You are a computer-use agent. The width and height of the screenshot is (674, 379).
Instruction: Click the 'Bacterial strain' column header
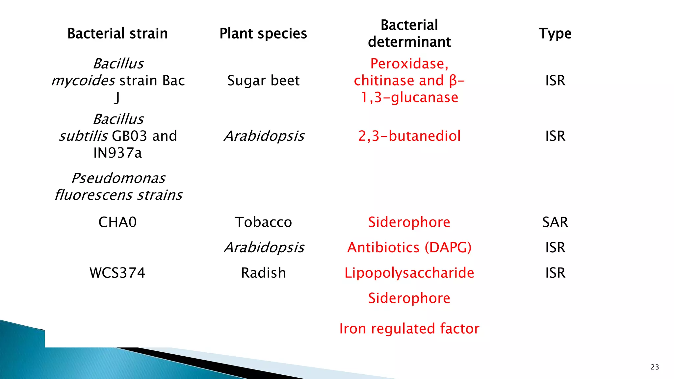tap(117, 34)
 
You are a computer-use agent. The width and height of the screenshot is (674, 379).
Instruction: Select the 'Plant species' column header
tap(263, 34)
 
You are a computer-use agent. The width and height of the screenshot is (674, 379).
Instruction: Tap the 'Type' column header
tap(555, 34)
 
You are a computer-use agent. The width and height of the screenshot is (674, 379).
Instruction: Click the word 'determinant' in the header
tap(409, 42)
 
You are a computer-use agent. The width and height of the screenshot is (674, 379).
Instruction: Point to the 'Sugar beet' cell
tap(263, 81)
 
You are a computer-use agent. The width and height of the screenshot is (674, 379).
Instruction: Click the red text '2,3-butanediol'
tap(409, 136)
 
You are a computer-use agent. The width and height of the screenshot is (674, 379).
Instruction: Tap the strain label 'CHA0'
tap(117, 222)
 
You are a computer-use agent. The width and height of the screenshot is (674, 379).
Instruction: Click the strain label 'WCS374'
tap(117, 273)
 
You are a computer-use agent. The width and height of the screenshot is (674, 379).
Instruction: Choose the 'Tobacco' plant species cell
tap(263, 222)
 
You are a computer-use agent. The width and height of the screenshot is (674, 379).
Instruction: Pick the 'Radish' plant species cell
tap(263, 273)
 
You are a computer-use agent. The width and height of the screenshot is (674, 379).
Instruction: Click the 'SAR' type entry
tap(555, 222)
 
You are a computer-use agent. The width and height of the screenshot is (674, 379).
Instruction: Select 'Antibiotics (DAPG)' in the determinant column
tap(409, 247)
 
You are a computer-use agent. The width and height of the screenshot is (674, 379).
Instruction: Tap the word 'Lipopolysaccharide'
tap(409, 273)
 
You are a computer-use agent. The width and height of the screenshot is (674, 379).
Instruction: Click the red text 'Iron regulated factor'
tap(409, 328)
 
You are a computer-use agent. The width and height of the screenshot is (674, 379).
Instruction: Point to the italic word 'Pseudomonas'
tap(118, 178)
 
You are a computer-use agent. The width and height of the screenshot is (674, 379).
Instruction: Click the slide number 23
tap(655, 367)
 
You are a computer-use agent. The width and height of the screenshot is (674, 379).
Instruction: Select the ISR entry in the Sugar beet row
tap(555, 81)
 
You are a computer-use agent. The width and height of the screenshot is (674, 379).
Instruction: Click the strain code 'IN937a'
tap(117, 153)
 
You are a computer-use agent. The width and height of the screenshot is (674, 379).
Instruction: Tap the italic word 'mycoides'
tap(83, 81)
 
